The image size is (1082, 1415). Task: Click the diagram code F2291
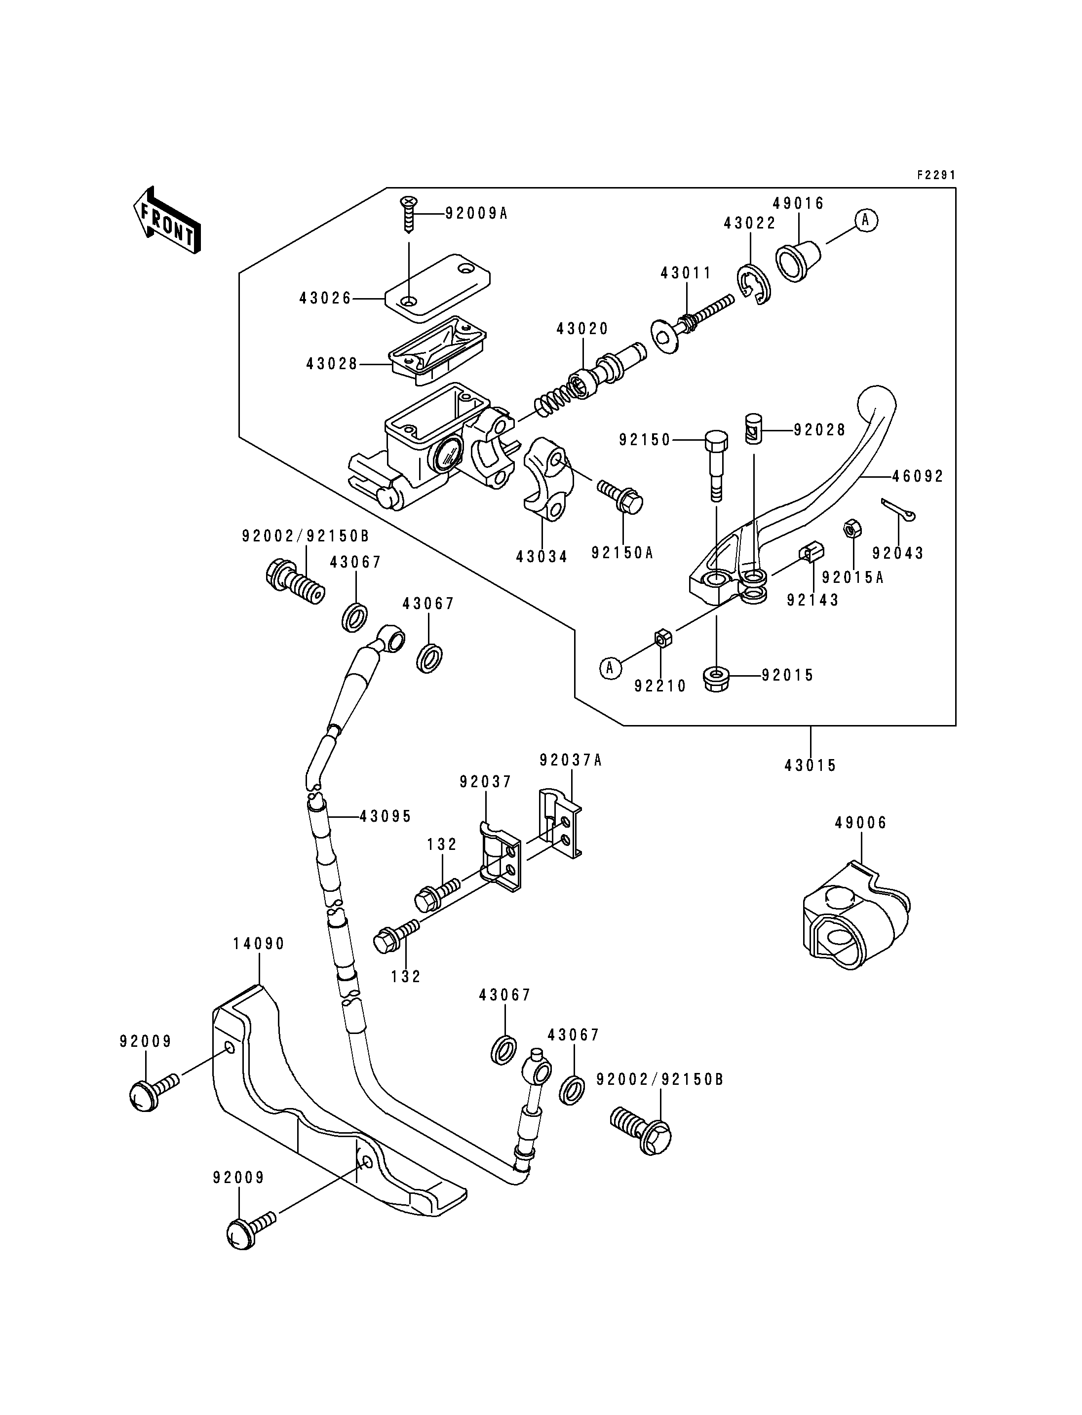(936, 175)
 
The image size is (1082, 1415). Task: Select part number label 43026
(326, 298)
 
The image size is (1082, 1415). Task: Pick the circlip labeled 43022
(752, 283)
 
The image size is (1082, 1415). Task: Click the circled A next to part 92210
(611, 669)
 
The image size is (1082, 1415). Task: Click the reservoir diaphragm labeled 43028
(437, 351)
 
